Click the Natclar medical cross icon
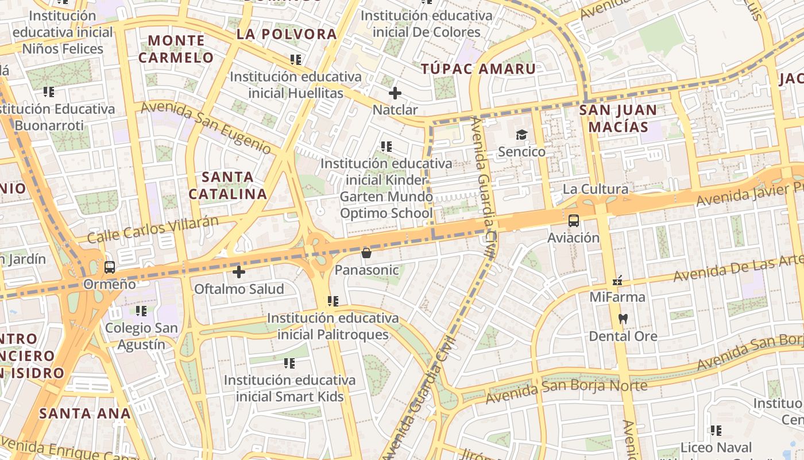pos(395,93)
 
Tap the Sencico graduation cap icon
pos(521,135)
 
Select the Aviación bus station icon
pos(573,221)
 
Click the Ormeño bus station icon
pos(109,267)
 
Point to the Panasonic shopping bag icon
pos(366,253)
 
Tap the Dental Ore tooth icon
pos(623,319)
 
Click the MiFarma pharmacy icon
pos(617,281)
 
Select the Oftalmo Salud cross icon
pos(239,272)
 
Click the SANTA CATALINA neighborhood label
pos(228,185)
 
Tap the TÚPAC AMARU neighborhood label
pos(478,69)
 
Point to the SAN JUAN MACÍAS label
pos(618,118)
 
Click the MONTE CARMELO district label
pos(176,49)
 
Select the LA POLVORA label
pos(287,34)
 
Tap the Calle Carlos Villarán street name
pos(153,229)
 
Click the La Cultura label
pos(595,189)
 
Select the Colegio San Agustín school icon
pos(141,311)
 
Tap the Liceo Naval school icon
pos(716,430)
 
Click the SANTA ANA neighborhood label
pos(85,413)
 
